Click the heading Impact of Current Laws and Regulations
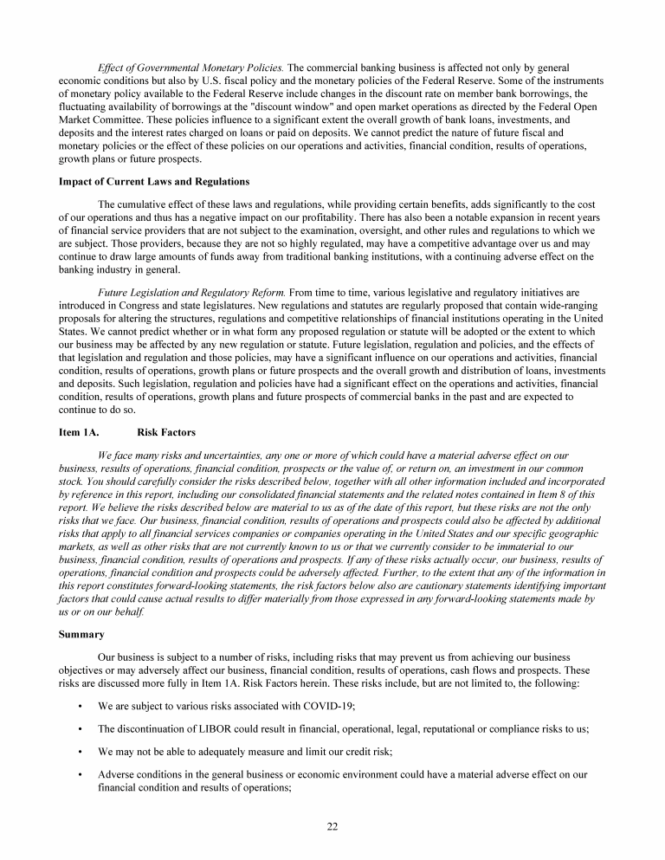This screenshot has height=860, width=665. (x=153, y=181)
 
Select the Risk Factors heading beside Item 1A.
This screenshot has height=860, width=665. (x=166, y=431)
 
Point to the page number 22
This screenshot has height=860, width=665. (x=332, y=825)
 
